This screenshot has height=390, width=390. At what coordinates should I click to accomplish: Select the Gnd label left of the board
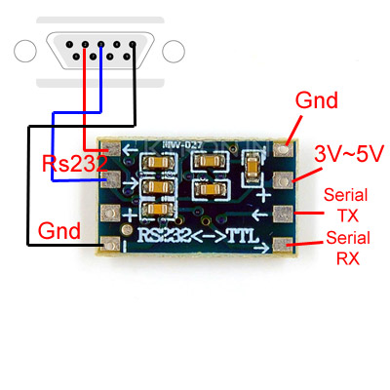59,230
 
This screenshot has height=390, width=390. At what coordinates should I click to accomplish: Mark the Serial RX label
347,248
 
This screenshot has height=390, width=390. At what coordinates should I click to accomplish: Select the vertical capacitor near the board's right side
252,173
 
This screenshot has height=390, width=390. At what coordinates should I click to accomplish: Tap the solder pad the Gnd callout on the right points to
284,149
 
